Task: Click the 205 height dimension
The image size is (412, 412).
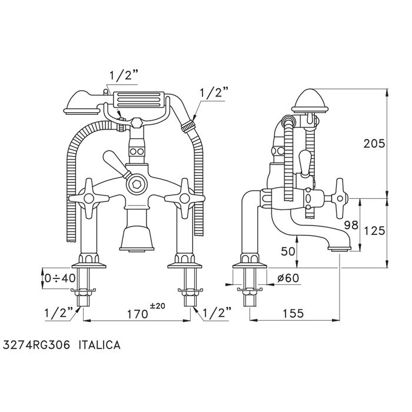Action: (374, 144)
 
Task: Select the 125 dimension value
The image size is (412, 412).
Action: (374, 231)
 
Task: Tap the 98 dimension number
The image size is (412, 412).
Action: (351, 225)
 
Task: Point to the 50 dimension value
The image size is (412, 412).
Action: (288, 251)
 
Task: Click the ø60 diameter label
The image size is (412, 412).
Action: (288, 278)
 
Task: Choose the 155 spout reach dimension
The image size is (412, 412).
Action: (293, 313)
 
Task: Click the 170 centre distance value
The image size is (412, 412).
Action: (137, 314)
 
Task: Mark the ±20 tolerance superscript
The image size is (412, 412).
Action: (157, 306)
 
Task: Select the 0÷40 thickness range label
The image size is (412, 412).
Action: (60, 278)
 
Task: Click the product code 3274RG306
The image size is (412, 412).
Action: (36, 345)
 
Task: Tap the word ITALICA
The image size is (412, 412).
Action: (99, 345)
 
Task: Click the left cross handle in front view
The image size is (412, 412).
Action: (89, 198)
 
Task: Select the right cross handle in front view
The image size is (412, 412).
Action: (185, 198)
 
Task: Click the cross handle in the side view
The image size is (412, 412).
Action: (339, 198)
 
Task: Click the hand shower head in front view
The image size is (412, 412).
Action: (81, 103)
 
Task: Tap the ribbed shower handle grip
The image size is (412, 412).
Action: (138, 99)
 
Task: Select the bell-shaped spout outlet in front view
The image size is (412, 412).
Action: (137, 238)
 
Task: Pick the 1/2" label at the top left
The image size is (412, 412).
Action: (124, 76)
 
